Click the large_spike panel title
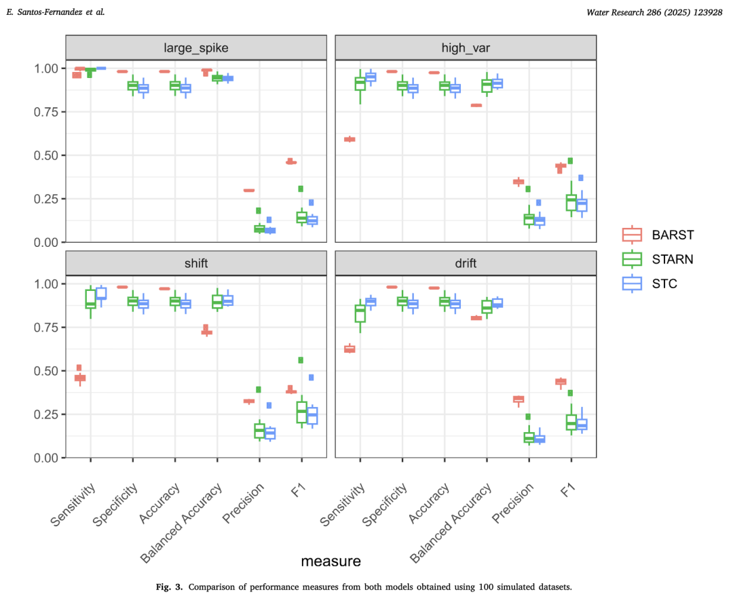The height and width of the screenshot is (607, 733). point(195,47)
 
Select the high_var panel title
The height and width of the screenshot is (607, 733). point(465,47)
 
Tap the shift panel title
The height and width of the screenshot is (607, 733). point(195,262)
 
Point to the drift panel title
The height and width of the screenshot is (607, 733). point(465,262)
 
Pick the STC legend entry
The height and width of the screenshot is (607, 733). point(666,283)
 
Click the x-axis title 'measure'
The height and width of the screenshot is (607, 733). point(331,561)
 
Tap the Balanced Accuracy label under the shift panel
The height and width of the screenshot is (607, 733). point(182,522)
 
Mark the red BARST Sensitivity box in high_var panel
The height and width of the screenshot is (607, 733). point(350,139)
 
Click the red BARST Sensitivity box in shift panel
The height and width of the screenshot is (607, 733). point(80,377)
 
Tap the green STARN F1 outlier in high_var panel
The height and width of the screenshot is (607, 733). point(571,161)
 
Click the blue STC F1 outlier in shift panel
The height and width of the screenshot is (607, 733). point(312,377)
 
